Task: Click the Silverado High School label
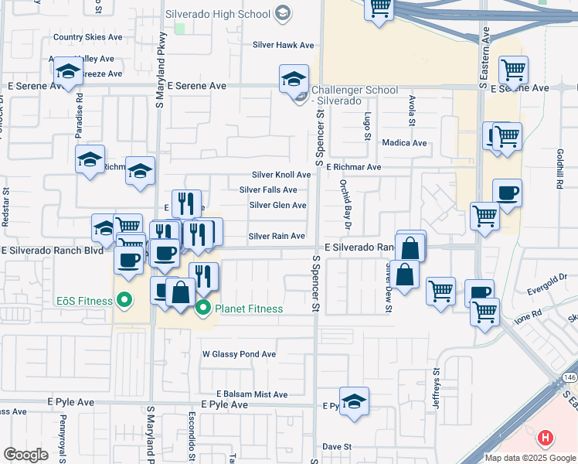click(217, 14)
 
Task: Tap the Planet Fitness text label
click(249, 309)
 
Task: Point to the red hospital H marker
click(546, 438)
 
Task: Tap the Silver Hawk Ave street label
click(284, 45)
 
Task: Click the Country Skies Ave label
click(88, 36)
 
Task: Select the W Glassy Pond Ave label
click(239, 354)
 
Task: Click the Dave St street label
click(337, 447)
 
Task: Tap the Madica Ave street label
click(404, 143)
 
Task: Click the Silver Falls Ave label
click(268, 189)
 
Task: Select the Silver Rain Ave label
click(277, 236)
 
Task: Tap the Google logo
click(25, 455)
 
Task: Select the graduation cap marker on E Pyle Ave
click(354, 401)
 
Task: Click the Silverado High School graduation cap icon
click(282, 13)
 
